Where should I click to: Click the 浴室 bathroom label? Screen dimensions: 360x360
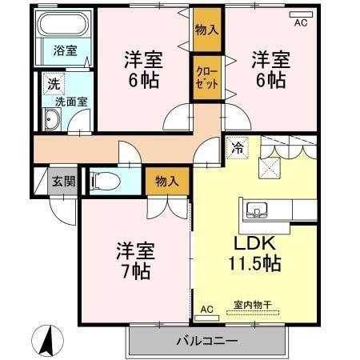tap(54, 50)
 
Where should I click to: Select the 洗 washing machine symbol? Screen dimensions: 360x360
tap(51, 82)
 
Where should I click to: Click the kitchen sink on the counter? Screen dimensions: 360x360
tap(258, 210)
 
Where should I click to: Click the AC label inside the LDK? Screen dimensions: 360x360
tap(206, 309)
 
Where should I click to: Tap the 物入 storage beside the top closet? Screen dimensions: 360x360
tap(206, 30)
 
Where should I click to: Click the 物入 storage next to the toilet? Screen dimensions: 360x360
tap(167, 182)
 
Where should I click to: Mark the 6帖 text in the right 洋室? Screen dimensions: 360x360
tap(270, 79)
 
